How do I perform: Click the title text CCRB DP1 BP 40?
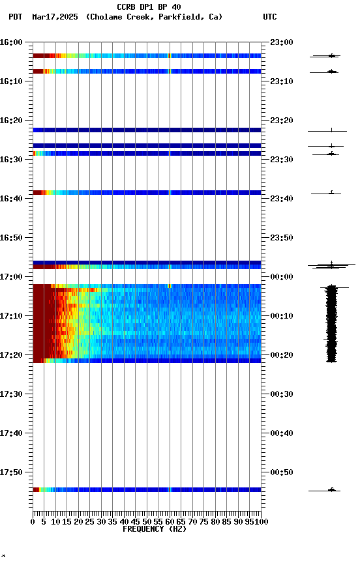tap(149, 7)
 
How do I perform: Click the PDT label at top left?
tap(16, 17)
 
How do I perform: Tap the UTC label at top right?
tap(269, 17)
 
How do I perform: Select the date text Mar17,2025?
tap(55, 17)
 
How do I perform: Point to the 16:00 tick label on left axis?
tap(12, 42)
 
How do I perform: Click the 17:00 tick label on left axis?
tap(12, 277)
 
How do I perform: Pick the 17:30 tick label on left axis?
tap(12, 394)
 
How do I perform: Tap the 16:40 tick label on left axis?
tap(12, 199)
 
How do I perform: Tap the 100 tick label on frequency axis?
tap(261, 521)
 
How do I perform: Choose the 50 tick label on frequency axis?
tap(147, 521)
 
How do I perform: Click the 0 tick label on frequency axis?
tap(33, 521)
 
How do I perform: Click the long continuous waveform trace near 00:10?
tap(331, 323)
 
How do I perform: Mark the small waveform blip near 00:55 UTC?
tap(331, 489)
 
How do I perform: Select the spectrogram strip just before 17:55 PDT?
tap(147, 489)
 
